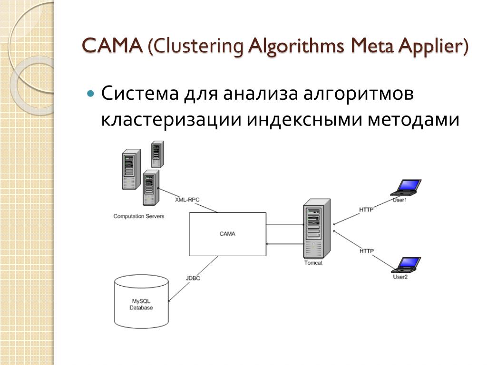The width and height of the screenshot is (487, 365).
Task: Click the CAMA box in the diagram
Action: (x=227, y=234)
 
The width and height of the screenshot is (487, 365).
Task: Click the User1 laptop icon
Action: (x=406, y=187)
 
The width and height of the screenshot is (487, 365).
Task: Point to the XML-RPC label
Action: (x=187, y=200)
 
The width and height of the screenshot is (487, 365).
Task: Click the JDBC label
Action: (x=193, y=278)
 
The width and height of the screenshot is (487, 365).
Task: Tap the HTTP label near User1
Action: (x=366, y=209)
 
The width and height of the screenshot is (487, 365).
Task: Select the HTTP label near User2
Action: (x=367, y=251)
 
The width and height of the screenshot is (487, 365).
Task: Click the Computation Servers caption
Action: (x=139, y=216)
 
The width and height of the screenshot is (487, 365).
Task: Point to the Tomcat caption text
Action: (x=313, y=263)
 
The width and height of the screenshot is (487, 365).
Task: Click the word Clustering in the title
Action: (x=198, y=47)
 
